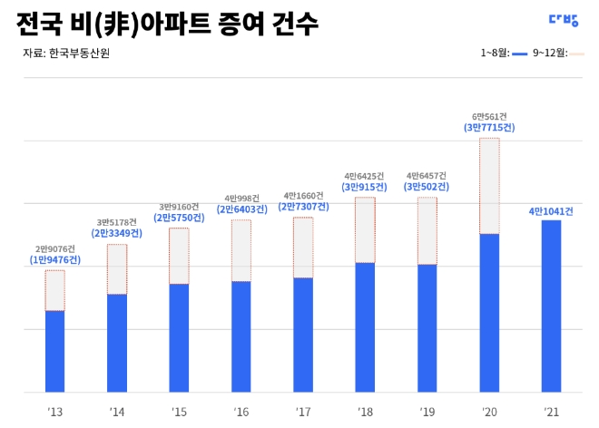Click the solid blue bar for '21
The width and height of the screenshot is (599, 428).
click(551, 306)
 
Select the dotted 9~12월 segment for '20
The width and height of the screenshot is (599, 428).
click(489, 186)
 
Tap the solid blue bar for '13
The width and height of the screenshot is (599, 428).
click(55, 351)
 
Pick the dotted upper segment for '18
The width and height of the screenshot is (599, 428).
click(365, 229)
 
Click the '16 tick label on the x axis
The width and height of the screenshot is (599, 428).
click(241, 413)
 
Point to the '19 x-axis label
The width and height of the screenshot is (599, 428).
click(427, 413)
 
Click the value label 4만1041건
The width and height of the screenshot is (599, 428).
click(551, 211)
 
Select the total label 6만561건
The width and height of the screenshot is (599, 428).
click(490, 117)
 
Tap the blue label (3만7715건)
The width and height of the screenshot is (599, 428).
click(490, 129)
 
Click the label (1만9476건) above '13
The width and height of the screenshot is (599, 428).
click(55, 260)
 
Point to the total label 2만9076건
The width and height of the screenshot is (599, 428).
click(55, 248)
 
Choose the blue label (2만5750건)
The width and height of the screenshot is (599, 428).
click(179, 218)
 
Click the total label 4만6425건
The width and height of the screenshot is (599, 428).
click(365, 176)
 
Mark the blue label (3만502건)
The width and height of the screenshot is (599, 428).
click(427, 187)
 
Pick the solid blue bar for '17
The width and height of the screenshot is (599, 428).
click(303, 335)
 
